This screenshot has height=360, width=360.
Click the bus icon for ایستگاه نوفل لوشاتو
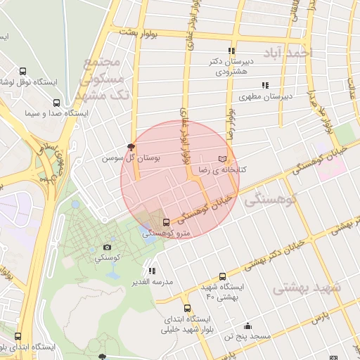click(x=23, y=72)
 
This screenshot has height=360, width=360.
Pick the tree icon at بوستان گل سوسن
click(x=131, y=146)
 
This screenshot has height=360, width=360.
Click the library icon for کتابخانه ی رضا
click(x=223, y=158)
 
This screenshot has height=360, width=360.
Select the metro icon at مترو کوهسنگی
click(x=166, y=223)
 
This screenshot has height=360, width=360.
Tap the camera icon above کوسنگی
click(x=107, y=247)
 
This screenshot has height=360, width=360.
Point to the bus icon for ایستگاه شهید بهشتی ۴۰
click(x=223, y=276)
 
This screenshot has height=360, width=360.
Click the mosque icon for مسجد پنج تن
click(x=247, y=326)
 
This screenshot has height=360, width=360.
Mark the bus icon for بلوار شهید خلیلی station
click(x=187, y=308)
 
